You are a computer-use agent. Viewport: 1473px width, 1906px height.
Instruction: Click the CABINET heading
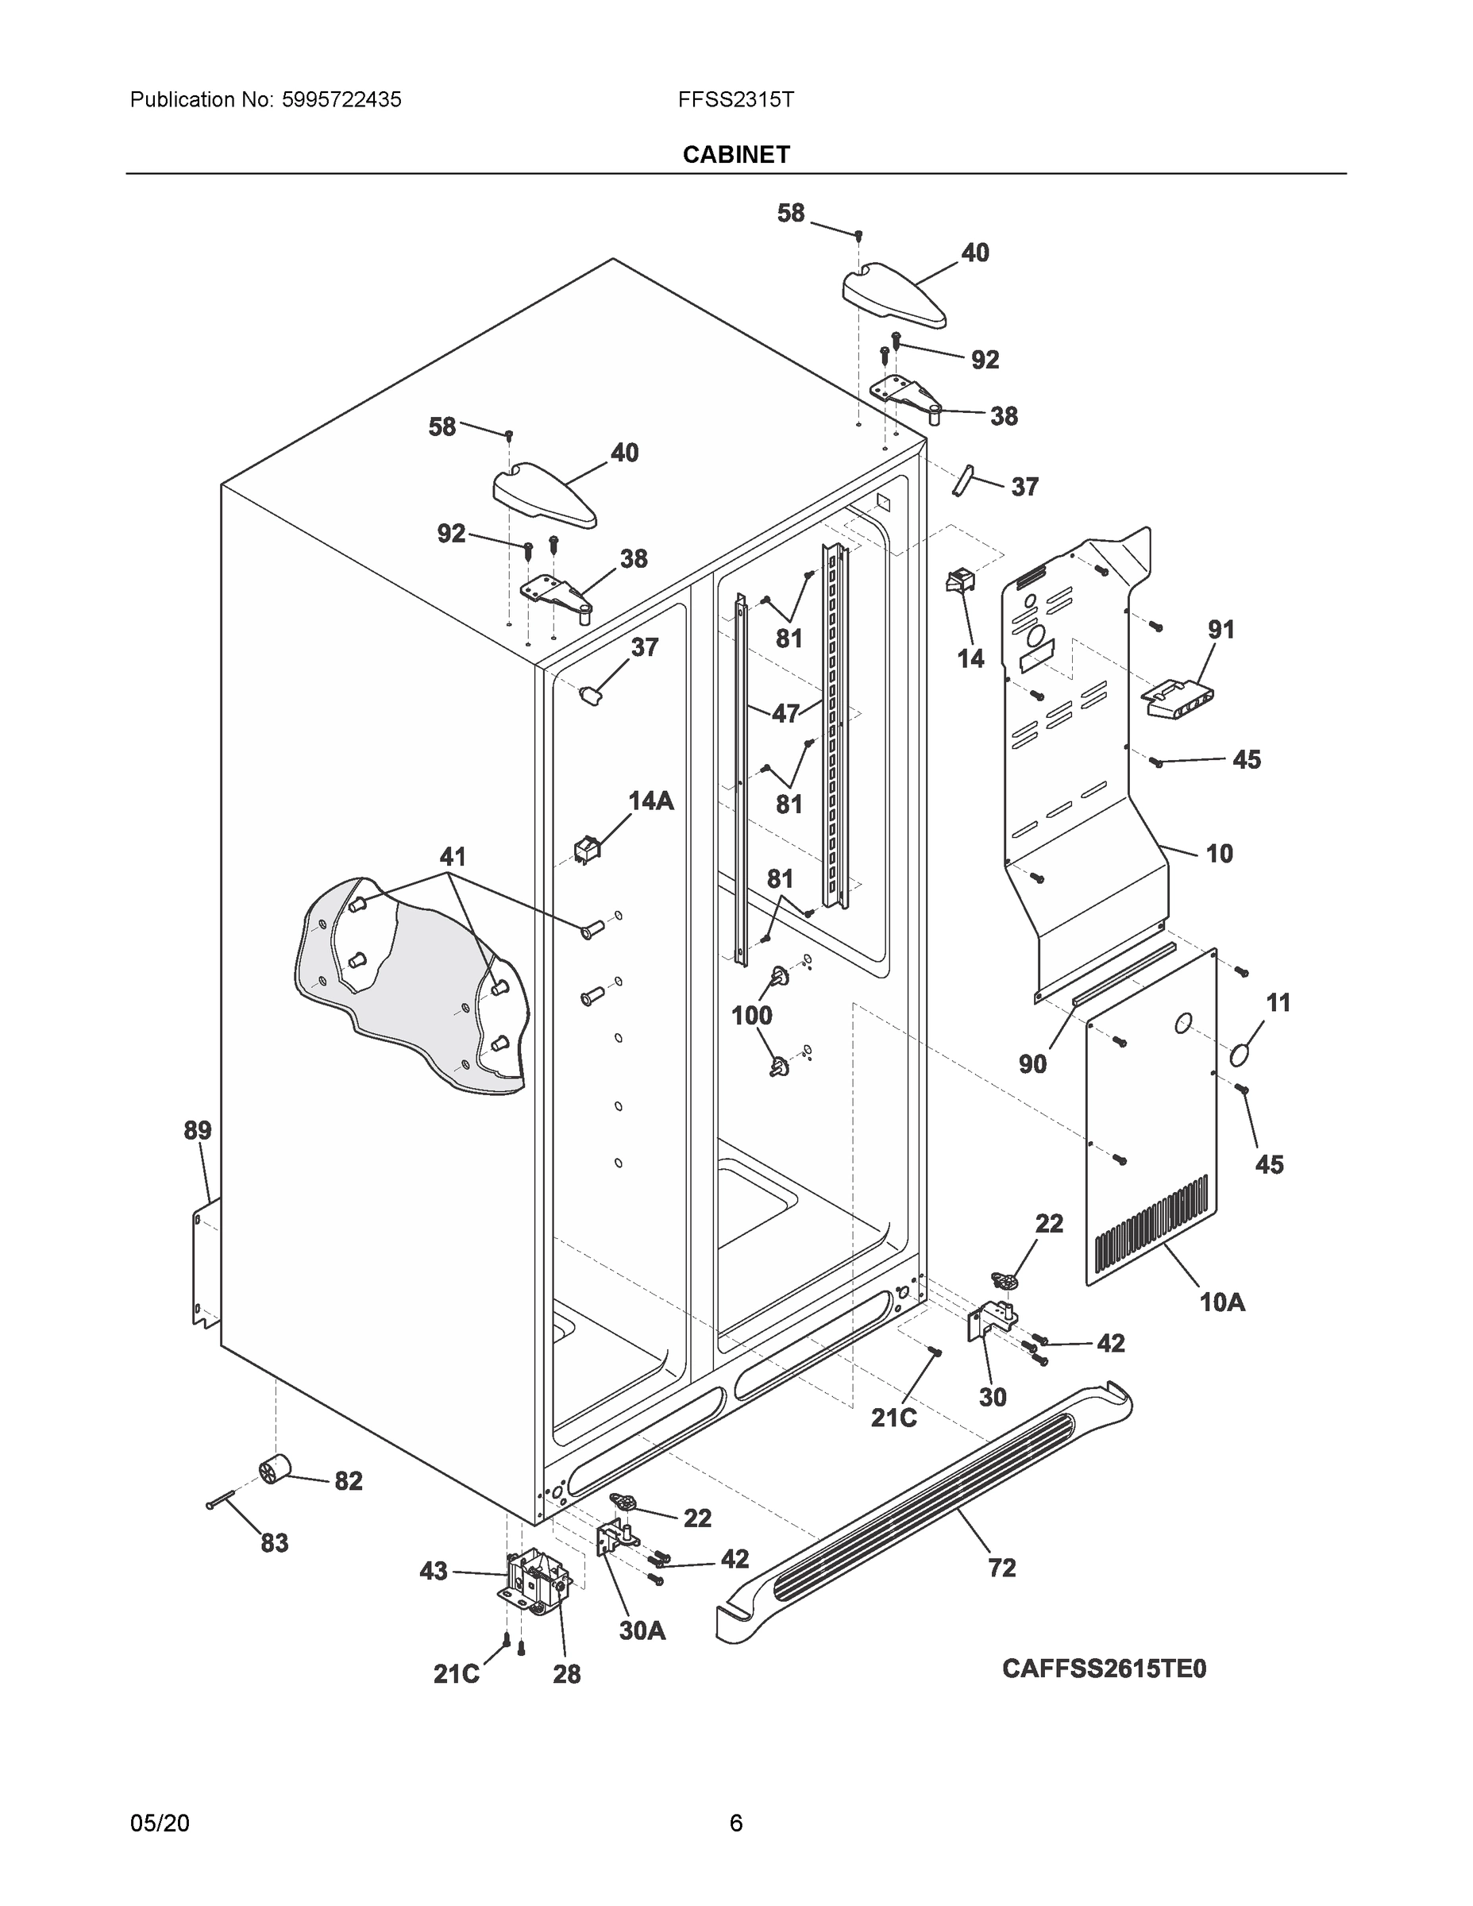click(735, 155)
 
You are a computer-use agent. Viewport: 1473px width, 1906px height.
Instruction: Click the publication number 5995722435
click(341, 99)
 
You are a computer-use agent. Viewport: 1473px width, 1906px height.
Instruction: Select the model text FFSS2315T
click(735, 99)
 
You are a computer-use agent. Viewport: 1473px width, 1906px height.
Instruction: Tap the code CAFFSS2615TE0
click(1104, 1668)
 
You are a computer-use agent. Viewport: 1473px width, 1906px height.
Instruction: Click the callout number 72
click(1002, 1568)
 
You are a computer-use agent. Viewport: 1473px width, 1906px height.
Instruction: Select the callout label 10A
click(1222, 1303)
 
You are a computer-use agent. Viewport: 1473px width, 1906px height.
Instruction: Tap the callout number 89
click(197, 1131)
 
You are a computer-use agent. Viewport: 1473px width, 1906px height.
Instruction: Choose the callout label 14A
click(651, 801)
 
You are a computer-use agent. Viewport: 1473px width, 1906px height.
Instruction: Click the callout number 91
click(1220, 629)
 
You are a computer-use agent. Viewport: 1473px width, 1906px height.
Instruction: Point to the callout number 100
click(751, 1015)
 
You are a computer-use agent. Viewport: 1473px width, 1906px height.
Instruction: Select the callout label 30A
click(642, 1630)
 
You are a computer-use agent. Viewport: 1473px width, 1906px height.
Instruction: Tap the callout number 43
click(434, 1571)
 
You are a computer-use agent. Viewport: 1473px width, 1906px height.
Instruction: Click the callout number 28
click(566, 1674)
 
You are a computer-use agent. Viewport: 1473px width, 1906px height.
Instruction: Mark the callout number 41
click(452, 856)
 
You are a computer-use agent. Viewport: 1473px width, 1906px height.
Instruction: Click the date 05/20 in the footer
click(160, 1823)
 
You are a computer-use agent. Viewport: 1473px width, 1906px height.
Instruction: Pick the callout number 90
click(1032, 1064)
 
